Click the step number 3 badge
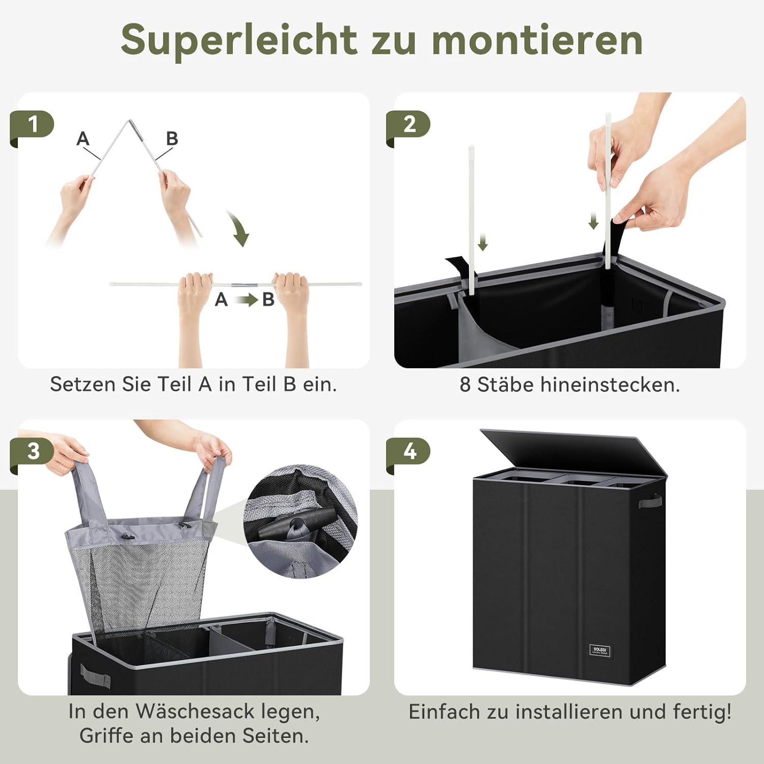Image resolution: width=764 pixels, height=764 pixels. [34, 451]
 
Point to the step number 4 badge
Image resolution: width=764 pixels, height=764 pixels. [410, 451]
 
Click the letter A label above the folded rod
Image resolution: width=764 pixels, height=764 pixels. [83, 138]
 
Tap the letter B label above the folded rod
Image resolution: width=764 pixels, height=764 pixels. [172, 138]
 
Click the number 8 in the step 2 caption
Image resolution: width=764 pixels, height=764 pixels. [465, 385]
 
